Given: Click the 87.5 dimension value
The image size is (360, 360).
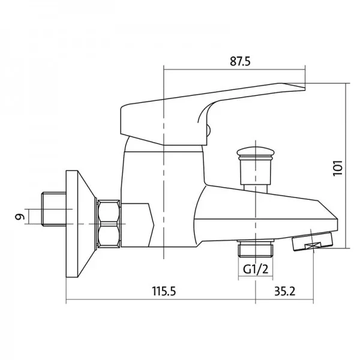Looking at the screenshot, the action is tap(240, 61).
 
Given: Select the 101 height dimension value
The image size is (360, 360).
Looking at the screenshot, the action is tap(338, 168).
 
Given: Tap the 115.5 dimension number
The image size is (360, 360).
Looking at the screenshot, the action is tap(164, 291).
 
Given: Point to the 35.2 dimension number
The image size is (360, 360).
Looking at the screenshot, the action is tap(284, 291).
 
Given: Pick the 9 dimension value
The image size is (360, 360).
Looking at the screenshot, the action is tap(20, 217).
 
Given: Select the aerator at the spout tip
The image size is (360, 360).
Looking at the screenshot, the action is tap(313, 241).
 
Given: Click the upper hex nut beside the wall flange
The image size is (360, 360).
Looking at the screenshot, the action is tap(109, 211).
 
